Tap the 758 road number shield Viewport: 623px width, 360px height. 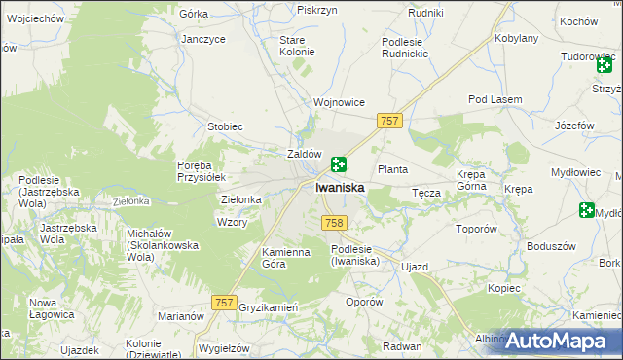[334, 223]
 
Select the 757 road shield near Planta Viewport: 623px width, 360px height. [389, 120]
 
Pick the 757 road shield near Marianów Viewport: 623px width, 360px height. [224, 304]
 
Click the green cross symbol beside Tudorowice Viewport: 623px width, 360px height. [605, 64]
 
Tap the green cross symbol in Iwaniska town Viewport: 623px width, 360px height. [339, 165]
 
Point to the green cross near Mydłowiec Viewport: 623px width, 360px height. [586, 209]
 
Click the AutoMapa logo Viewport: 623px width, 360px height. [558, 341]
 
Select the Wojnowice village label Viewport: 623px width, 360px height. [338, 102]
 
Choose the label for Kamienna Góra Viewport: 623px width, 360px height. [285, 258]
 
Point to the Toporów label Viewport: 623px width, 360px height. [477, 230]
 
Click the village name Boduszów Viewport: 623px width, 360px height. [547, 245]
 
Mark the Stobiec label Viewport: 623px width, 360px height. [225, 126]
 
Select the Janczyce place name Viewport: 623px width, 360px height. [203, 39]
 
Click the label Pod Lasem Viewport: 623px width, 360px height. [495, 100]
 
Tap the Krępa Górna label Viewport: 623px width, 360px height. [471, 180]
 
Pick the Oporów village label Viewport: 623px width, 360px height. [365, 302]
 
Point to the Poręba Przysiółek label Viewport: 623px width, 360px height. [202, 171]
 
